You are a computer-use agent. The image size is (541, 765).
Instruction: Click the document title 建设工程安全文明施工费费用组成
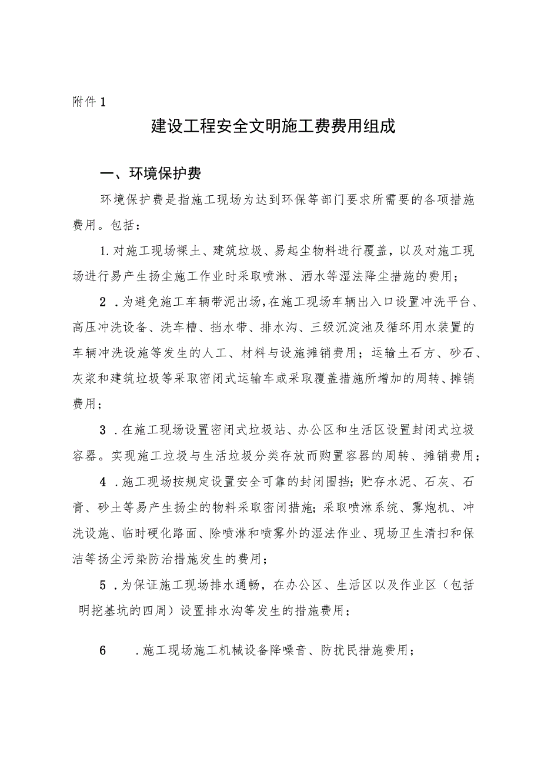coord(273,126)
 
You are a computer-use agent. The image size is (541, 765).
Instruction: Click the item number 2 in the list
coord(103,303)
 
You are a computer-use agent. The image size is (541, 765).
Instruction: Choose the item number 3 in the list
coord(103,430)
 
